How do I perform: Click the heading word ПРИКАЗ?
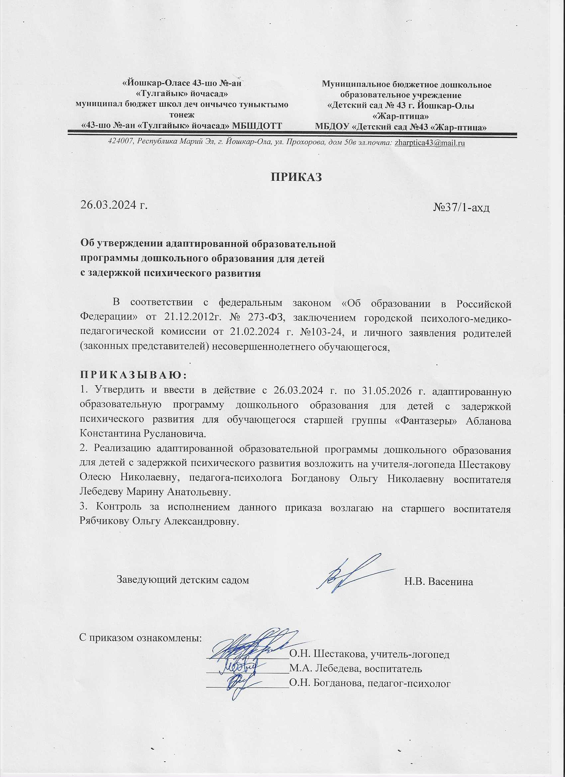point(297,177)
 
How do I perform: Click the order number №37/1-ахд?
point(462,208)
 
